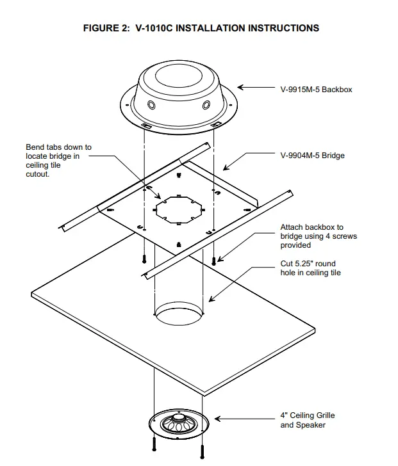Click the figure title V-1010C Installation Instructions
tap(201, 28)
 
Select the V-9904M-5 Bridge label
tap(312, 156)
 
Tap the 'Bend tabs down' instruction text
tap(58, 161)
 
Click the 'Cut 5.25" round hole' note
tap(311, 268)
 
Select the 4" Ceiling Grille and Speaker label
tap(308, 420)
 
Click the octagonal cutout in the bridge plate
tap(179, 210)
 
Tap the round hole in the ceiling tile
tap(181, 316)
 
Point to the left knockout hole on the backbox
tap(151, 104)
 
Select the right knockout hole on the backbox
tap(207, 104)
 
